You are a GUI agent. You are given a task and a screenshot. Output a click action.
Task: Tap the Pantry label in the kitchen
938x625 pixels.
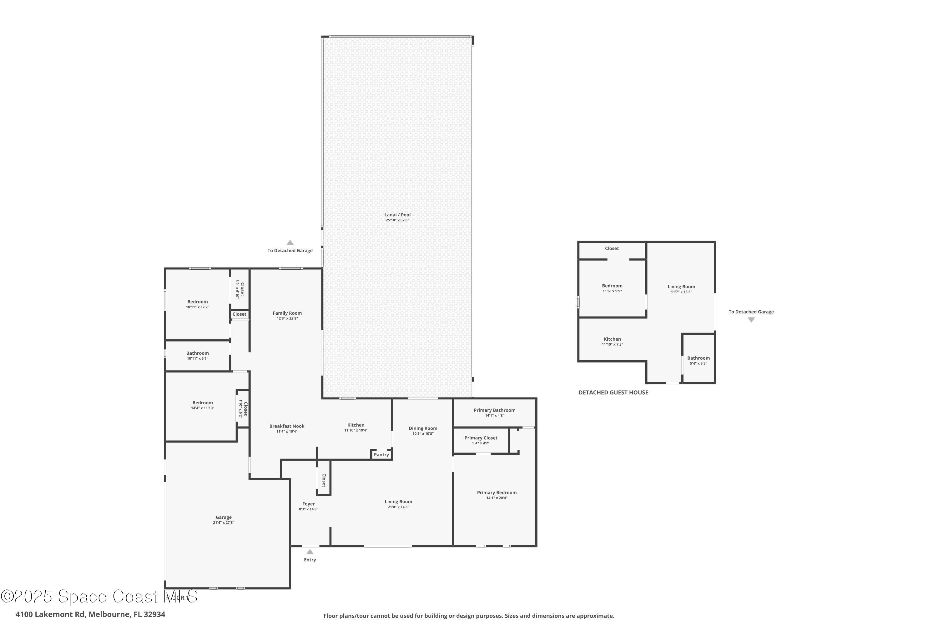[x=381, y=455]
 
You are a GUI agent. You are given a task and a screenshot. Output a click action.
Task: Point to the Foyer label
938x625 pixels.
[x=308, y=504]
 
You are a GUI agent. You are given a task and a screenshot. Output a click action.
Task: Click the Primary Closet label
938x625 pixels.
[x=481, y=438]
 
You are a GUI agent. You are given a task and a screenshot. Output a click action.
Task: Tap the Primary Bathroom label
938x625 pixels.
[x=495, y=410]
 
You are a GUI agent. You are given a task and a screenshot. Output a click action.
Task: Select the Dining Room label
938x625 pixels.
[x=423, y=428]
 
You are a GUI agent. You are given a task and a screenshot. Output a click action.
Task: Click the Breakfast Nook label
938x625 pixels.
[x=287, y=426]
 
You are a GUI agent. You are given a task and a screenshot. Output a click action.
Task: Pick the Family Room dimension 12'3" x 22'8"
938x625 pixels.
[x=287, y=318]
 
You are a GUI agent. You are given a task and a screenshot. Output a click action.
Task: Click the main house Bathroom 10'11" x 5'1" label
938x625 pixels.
[x=197, y=353]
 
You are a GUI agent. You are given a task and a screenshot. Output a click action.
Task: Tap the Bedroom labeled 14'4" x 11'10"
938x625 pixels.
[x=203, y=402]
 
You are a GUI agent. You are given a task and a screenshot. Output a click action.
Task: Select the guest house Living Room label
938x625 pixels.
[x=681, y=287]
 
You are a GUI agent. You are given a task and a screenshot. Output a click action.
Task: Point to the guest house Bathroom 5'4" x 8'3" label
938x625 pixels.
[x=698, y=358]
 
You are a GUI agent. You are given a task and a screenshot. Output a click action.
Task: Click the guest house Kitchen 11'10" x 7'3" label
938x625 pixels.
[x=612, y=339]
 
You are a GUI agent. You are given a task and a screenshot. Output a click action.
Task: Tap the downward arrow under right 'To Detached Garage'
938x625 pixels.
[x=751, y=320]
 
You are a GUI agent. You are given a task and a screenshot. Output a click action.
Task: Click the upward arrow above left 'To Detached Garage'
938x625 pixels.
[x=290, y=242]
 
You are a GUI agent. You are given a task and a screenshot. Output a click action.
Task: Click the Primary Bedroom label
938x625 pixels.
[x=497, y=493]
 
